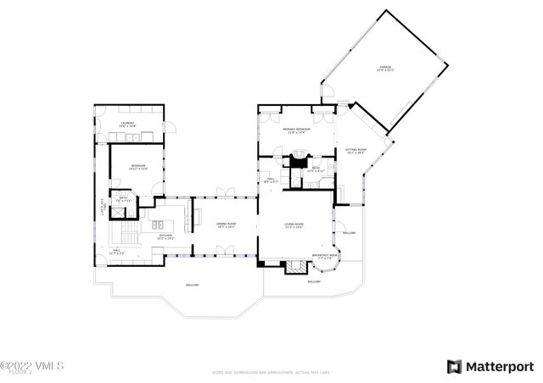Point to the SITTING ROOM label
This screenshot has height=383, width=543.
coord(354,152)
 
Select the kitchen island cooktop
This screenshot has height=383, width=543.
coord(160,225)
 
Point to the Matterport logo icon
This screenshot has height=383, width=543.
coord(455,366)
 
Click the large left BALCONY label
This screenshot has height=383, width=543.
coord(193,285)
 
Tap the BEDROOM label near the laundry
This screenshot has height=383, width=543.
coord(137,167)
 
